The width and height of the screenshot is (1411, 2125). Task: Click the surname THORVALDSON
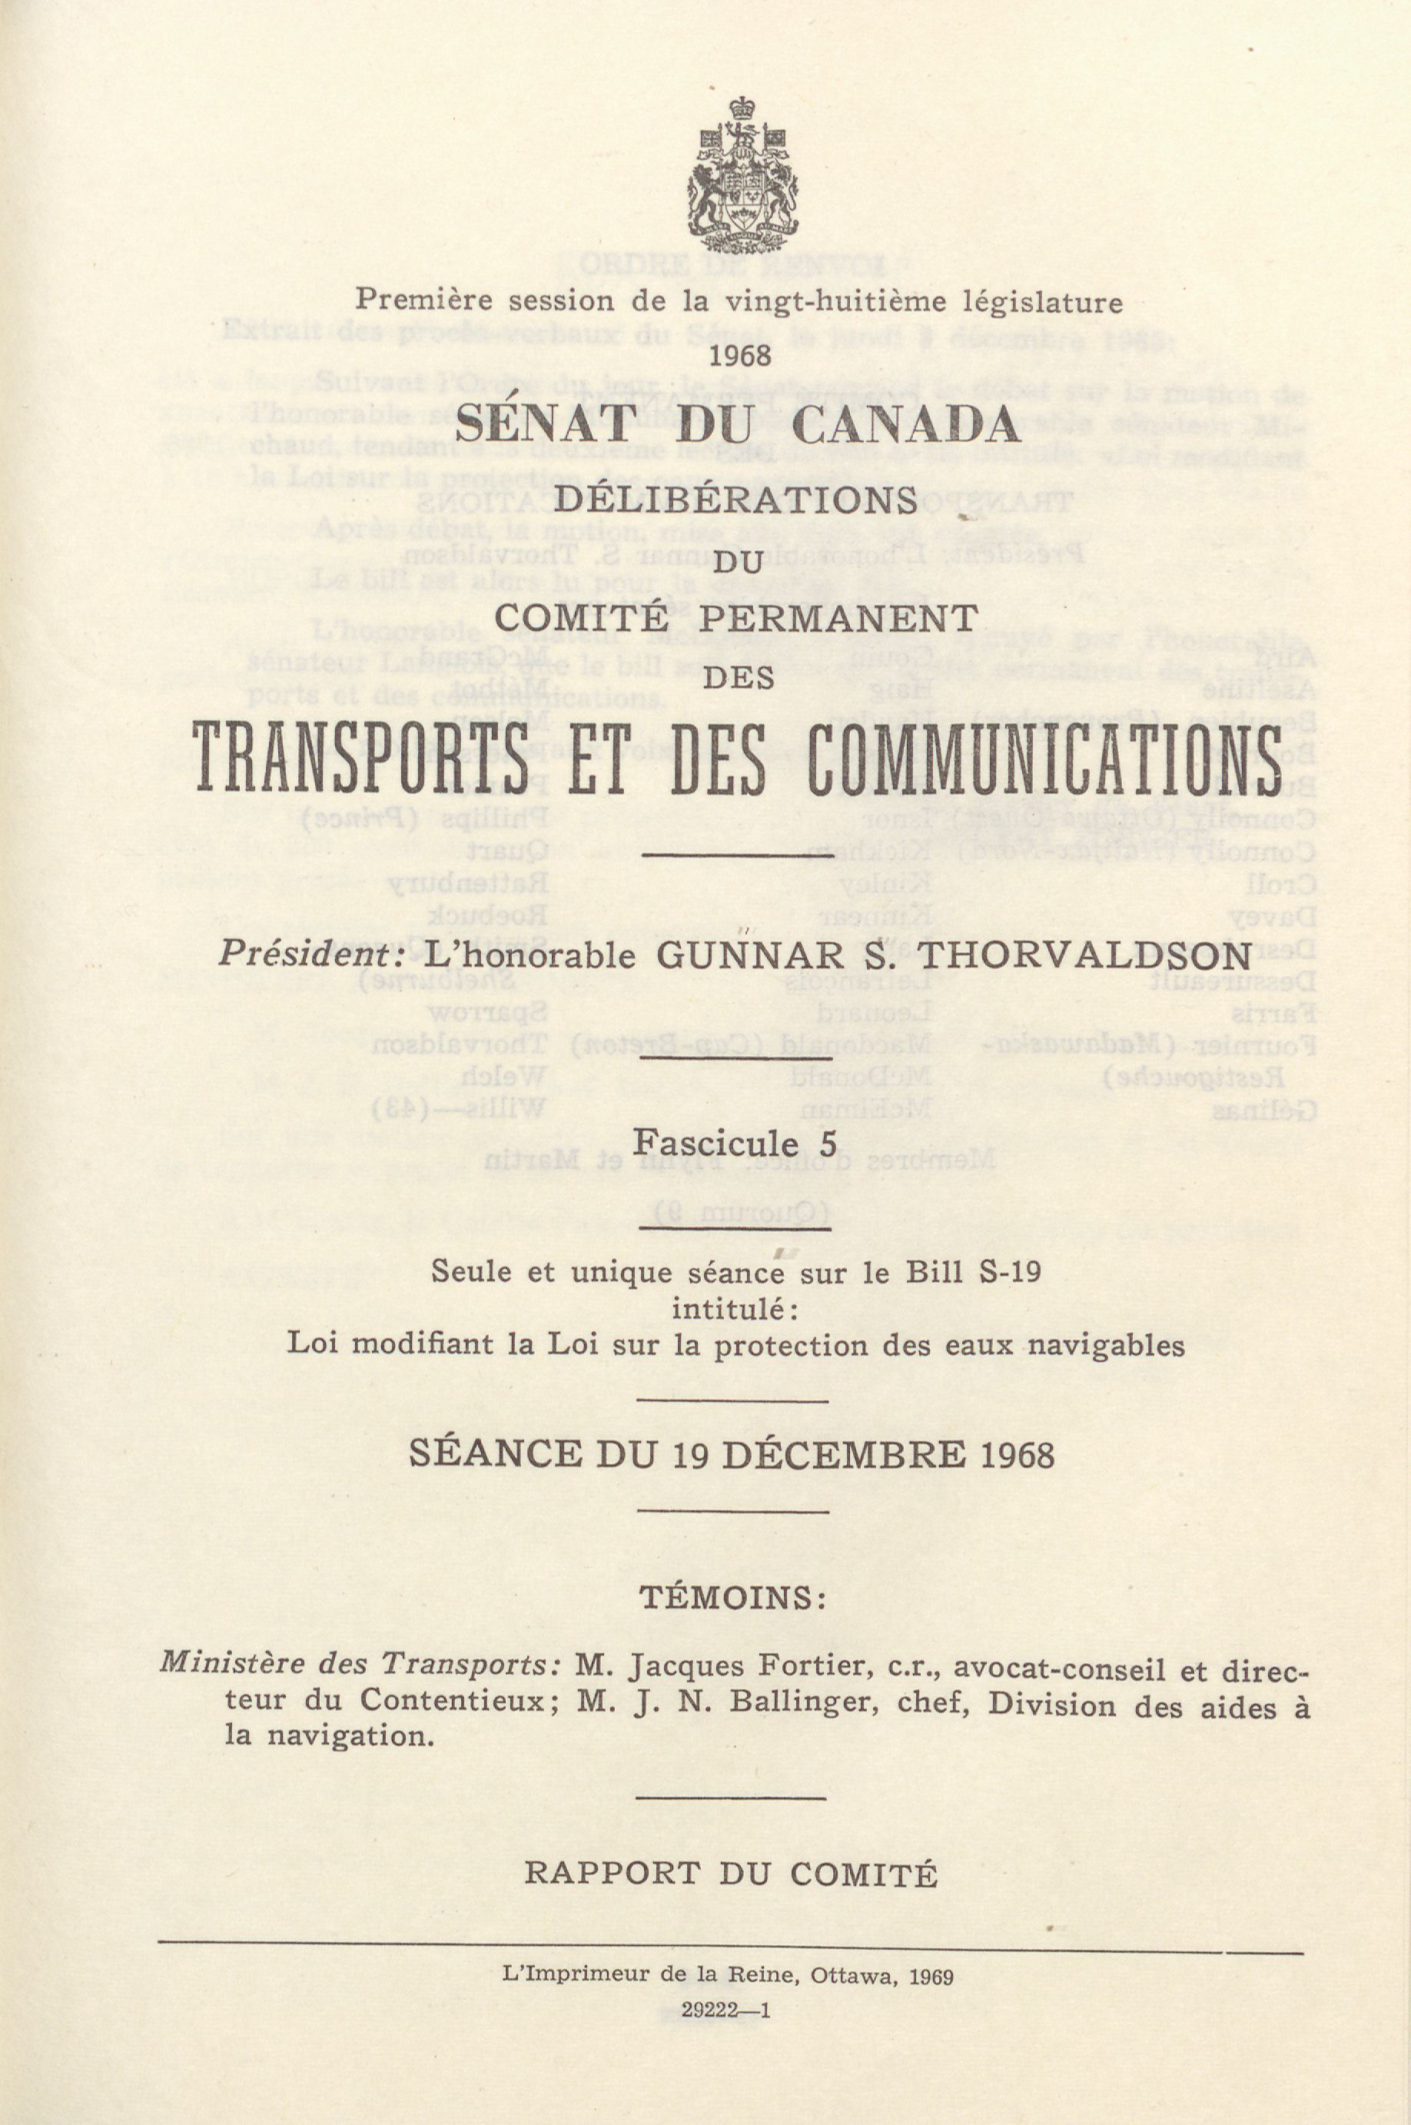pos(1084,955)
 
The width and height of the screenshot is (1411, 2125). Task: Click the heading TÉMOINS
pos(733,1598)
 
